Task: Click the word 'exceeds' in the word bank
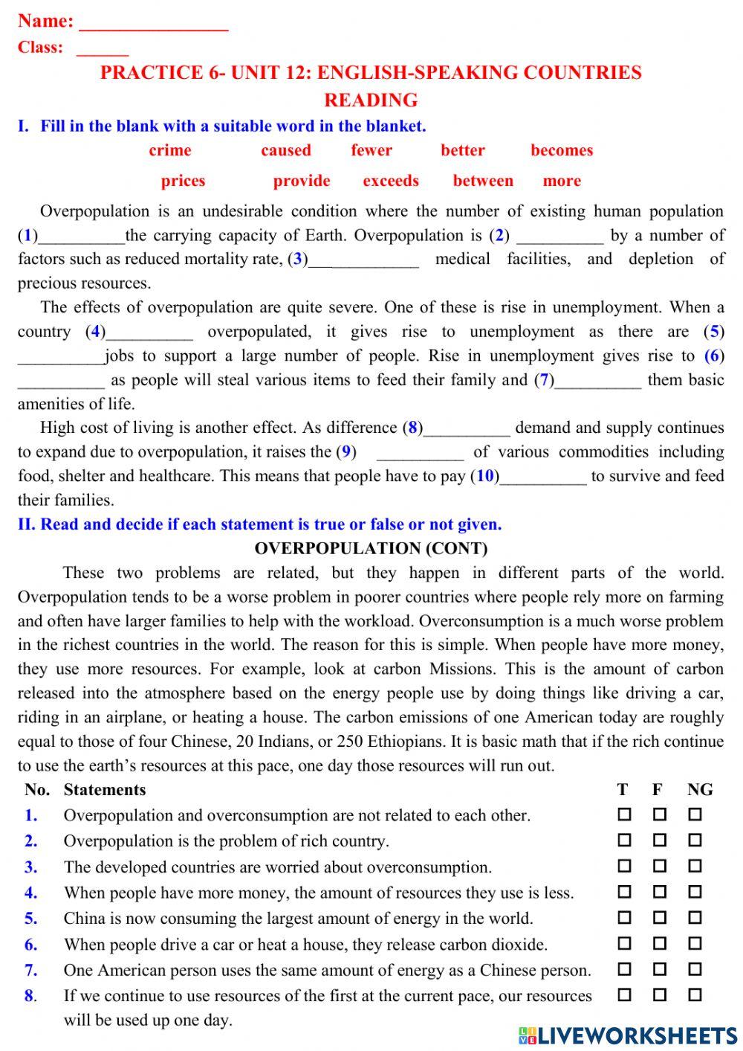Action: point(391,181)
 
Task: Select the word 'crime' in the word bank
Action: point(170,150)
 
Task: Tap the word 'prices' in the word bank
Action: point(183,181)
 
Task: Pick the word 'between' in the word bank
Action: point(483,181)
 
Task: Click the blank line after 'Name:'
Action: point(153,25)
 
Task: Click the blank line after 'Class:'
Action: point(103,51)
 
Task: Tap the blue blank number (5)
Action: point(714,332)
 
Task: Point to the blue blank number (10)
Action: point(485,476)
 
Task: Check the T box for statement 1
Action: point(624,814)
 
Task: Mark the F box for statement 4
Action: point(660,892)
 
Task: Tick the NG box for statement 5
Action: point(695,918)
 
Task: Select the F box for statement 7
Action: point(660,969)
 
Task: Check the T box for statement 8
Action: point(624,994)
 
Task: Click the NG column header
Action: point(700,790)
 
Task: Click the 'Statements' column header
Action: point(105,790)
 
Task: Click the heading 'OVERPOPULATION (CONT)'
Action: point(371,549)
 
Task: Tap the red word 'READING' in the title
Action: point(371,100)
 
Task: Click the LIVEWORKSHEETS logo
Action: point(628,1035)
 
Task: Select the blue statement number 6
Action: point(31,945)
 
